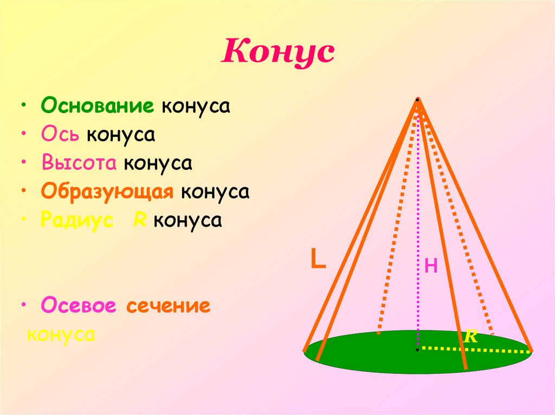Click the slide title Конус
pos(277,52)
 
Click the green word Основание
pos(98,105)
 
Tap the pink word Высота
pos(79,163)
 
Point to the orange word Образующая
pos(107,192)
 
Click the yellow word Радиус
pos(77,221)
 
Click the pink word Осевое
pos(79,306)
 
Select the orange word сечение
pos(168,306)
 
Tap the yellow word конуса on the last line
pos(61,334)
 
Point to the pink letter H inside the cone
pos(431,266)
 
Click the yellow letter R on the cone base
pos(469,337)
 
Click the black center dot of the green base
pos(417,350)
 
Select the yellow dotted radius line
pos(477,350)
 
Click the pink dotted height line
pos(418,227)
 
